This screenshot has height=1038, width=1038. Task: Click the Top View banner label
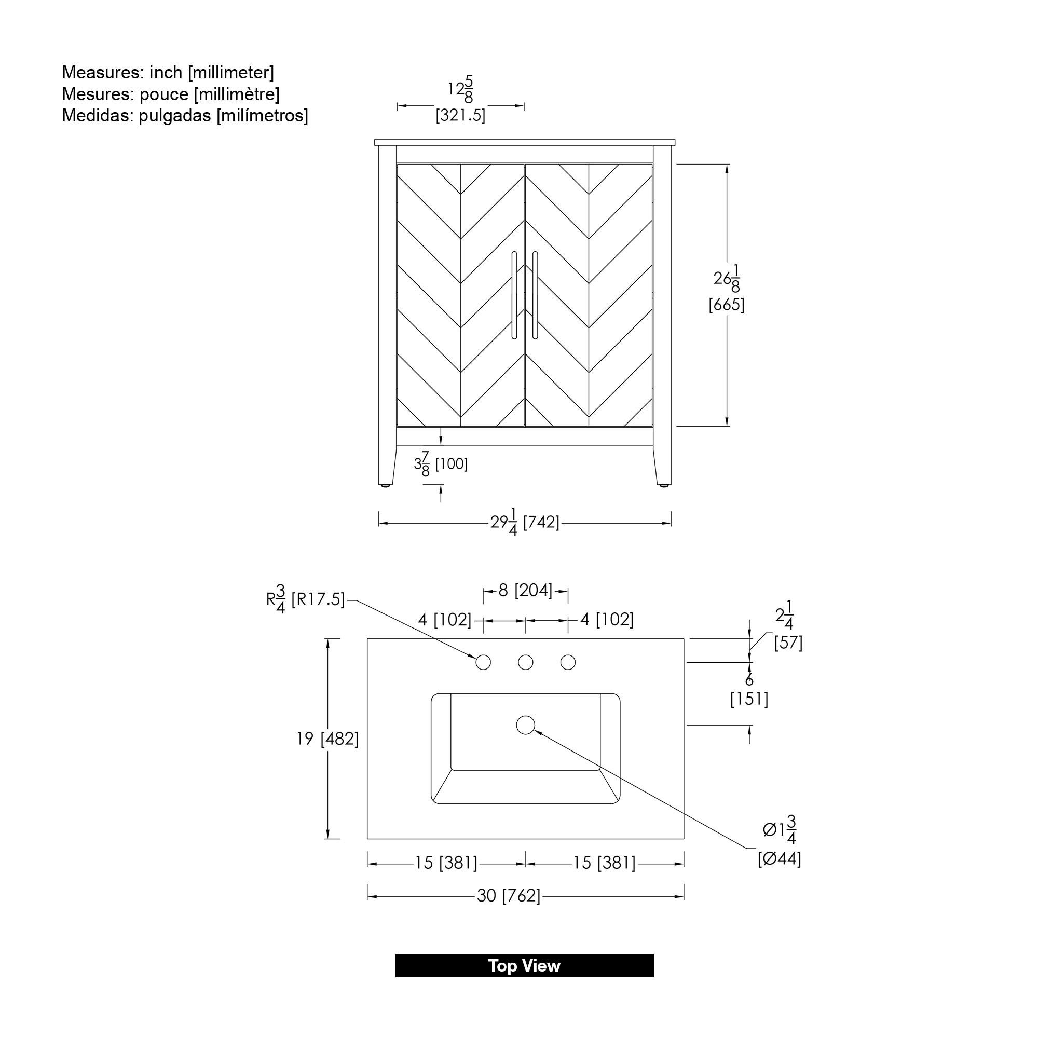[x=524, y=965]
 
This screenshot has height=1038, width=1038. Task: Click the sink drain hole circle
[x=525, y=725]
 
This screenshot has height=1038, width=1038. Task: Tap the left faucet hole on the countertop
[x=483, y=662]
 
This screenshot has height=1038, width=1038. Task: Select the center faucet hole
[x=525, y=662]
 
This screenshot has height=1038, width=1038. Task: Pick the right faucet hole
[x=568, y=662]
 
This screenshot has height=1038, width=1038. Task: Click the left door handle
[x=514, y=295]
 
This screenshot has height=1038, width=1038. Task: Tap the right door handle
[x=535, y=295]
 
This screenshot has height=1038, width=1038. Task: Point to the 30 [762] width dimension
[x=509, y=896]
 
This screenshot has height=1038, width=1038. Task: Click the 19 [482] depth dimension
[x=327, y=739]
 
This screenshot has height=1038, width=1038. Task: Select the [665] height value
[x=727, y=305]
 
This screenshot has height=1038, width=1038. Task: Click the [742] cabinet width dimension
[x=541, y=522]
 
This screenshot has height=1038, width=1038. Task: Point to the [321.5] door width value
[x=460, y=115]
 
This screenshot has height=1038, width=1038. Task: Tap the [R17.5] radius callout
[x=318, y=599]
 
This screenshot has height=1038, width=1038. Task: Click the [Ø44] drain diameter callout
[x=779, y=859]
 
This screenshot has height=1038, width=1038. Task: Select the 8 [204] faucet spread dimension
[x=525, y=591]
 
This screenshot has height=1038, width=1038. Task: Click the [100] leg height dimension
[x=452, y=463]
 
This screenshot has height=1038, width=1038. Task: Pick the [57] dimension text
[x=788, y=643]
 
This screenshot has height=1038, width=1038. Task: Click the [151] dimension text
[x=749, y=699]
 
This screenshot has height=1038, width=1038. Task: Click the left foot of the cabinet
[x=385, y=485]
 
